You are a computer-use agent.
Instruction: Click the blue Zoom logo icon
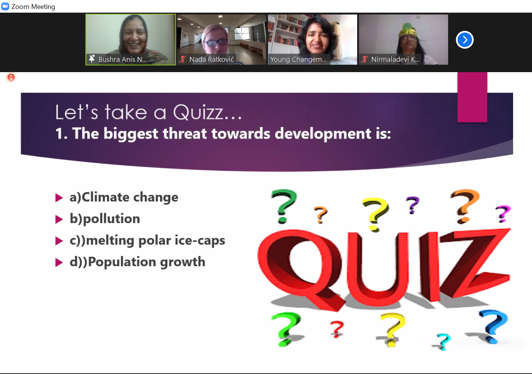5,6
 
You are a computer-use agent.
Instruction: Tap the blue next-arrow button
464,40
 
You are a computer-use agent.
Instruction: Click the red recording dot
11,77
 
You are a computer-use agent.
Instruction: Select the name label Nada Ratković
211,59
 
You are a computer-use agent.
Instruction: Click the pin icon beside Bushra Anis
92,59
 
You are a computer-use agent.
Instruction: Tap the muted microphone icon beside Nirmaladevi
364,59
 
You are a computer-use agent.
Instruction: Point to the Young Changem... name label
298,59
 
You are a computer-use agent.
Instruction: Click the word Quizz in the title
198,112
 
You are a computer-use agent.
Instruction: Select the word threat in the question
185,133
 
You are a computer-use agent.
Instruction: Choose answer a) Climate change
124,197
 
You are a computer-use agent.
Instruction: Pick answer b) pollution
105,219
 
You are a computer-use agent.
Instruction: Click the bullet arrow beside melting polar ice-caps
59,241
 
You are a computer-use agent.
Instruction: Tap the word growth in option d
182,262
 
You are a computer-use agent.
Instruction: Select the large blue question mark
493,326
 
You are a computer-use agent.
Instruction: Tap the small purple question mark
412,205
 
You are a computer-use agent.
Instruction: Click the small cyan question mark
443,342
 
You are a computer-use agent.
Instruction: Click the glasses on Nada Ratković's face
216,43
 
